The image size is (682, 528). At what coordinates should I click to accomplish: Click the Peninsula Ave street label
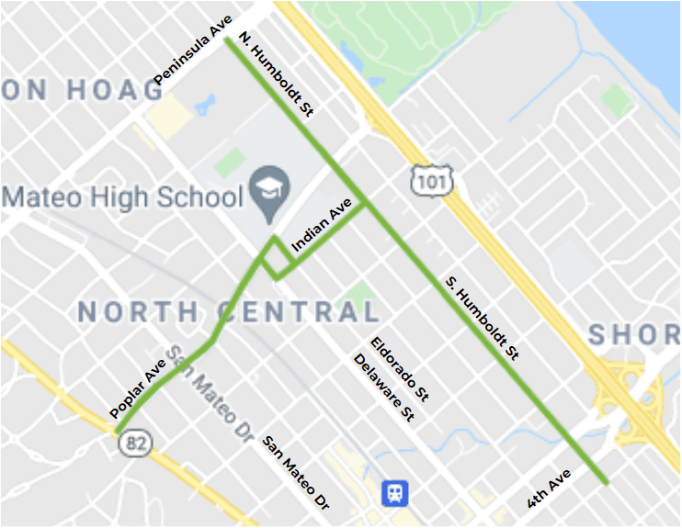(x=193, y=51)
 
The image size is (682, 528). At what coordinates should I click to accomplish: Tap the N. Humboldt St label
(x=277, y=74)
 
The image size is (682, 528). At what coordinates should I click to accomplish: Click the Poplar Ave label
(x=138, y=388)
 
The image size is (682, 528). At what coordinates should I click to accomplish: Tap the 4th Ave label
(x=550, y=489)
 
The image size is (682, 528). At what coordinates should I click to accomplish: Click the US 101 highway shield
(x=431, y=181)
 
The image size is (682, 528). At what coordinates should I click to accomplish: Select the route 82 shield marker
(x=135, y=444)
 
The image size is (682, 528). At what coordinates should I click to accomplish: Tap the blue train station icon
(x=395, y=493)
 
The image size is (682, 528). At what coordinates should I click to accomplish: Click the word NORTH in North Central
(x=138, y=311)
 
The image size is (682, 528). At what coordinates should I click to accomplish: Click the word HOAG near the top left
(x=115, y=89)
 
